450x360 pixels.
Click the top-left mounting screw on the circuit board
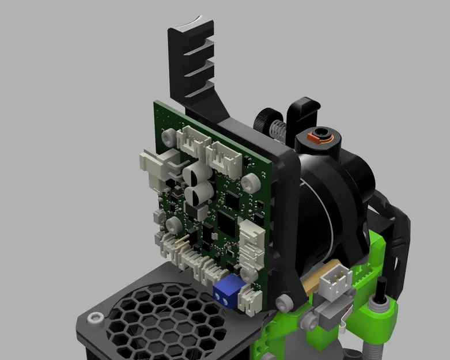[x=169, y=137]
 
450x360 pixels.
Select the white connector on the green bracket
[x=336, y=281]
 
